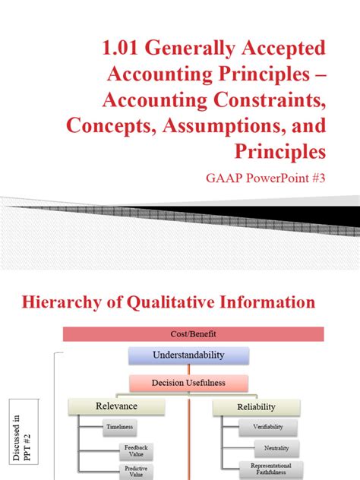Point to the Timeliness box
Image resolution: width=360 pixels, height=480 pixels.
[x=119, y=428]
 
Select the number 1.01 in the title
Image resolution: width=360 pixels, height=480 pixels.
[x=125, y=48]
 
